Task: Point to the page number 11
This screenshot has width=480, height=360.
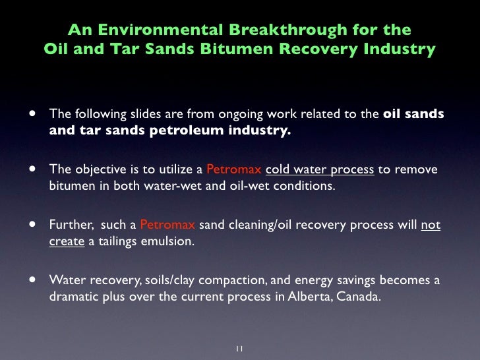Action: tap(239, 348)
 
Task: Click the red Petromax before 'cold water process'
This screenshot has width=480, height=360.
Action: tap(234, 170)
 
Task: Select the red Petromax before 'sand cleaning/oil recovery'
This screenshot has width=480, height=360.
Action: tap(167, 225)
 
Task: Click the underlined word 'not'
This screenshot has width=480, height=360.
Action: tap(431, 225)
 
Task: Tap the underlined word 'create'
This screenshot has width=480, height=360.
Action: tap(67, 241)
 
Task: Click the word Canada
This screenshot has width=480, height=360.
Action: tap(358, 296)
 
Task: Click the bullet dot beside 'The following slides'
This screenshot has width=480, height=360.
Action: tap(30, 114)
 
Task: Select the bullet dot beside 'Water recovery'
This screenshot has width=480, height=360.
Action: tap(30, 280)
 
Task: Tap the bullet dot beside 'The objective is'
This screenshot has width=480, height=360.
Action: tap(30, 169)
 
